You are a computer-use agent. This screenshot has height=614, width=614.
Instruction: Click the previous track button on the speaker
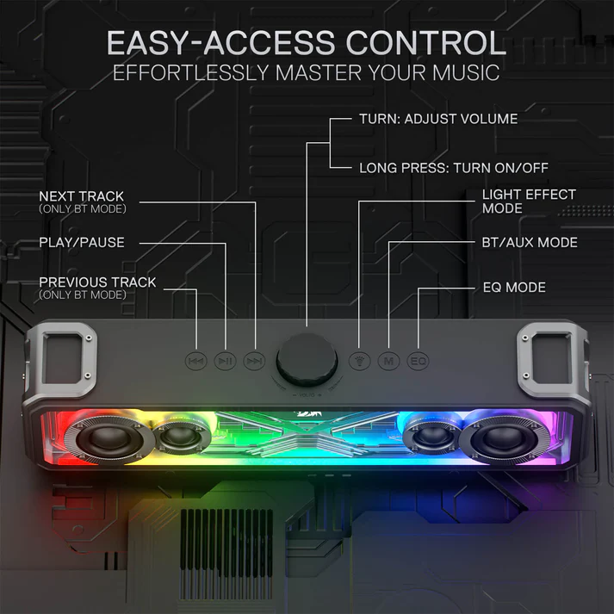point(195,361)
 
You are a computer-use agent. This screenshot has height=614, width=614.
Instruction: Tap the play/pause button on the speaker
point(225,361)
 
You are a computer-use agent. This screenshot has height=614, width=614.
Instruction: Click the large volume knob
point(307,359)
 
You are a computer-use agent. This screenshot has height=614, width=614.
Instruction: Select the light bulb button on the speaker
point(359,361)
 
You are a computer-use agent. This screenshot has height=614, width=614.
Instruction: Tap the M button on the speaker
point(389,361)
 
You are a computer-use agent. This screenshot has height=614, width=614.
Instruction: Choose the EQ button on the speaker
point(418,361)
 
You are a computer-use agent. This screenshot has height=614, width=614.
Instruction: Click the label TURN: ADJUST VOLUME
point(438,119)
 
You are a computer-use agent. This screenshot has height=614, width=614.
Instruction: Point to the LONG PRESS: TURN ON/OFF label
point(454,169)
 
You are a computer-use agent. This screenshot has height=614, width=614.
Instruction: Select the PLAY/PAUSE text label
point(82,243)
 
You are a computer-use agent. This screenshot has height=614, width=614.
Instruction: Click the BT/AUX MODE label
point(530,243)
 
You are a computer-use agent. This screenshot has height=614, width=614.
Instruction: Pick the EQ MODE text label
point(514,288)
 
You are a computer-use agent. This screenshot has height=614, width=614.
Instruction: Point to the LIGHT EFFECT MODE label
point(529,202)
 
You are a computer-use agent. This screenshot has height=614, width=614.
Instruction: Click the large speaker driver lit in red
point(109,437)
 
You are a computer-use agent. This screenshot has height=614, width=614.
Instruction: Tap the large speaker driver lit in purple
point(505,437)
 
